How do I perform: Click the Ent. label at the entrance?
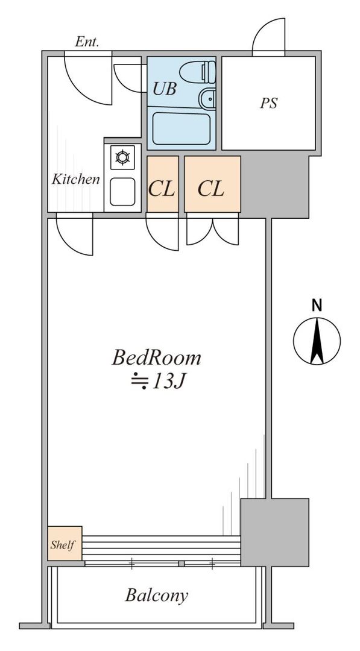(87, 42)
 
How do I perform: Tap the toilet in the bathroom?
(198, 71)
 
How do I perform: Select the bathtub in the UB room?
(181, 128)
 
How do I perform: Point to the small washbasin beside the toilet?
(207, 99)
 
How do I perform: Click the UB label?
(165, 89)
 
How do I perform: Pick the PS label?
(269, 103)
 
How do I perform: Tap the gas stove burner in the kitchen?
(122, 157)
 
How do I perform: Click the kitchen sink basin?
(122, 192)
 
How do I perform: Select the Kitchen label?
(76, 179)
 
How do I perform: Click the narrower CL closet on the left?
(163, 184)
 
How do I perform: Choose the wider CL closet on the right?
(213, 184)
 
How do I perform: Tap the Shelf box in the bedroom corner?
(65, 544)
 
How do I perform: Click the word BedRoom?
(156, 358)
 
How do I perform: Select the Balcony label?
(157, 596)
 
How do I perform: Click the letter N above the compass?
(317, 306)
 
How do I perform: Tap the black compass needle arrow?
(317, 340)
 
